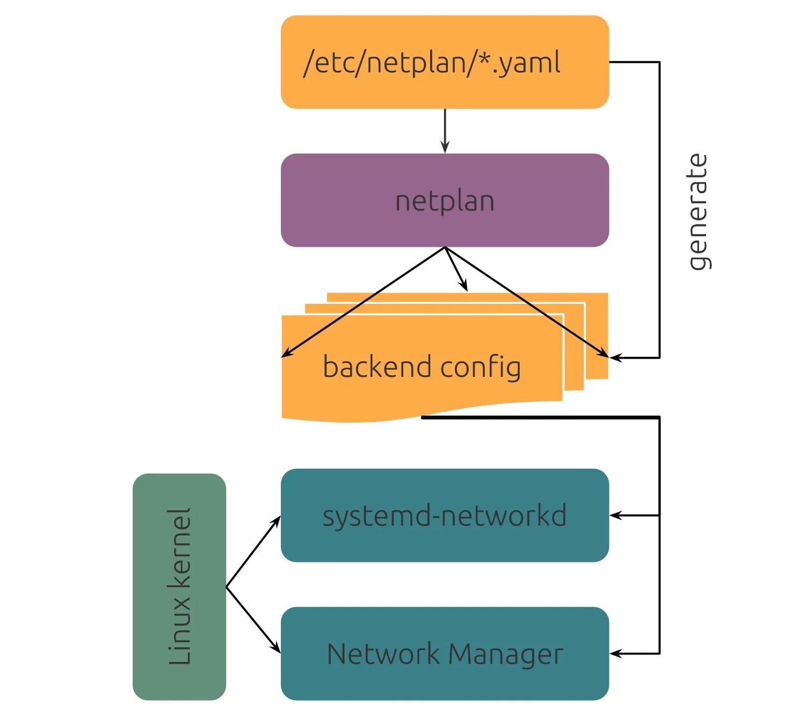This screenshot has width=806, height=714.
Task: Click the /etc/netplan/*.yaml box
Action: [x=445, y=62]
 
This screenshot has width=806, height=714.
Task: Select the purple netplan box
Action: [x=445, y=200]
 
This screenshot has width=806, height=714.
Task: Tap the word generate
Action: [x=698, y=212]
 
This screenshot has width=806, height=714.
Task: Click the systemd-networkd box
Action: [x=445, y=515]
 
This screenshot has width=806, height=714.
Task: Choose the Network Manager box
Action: [x=445, y=653]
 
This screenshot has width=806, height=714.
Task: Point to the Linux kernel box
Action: [x=179, y=586]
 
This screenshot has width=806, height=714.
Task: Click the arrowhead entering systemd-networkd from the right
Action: [x=615, y=515]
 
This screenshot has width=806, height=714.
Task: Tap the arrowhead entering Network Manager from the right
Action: [x=615, y=653]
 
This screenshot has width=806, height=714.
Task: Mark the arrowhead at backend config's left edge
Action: [x=287, y=354]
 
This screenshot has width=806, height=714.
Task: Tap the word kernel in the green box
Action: [x=179, y=548]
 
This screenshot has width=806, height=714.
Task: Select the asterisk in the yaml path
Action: [x=485, y=58]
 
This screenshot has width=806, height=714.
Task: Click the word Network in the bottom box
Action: [x=383, y=654]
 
